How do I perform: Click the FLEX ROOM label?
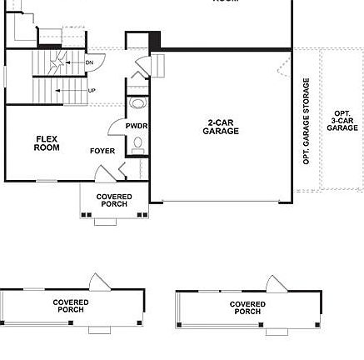tap(47, 143)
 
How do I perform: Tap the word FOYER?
tap(102, 152)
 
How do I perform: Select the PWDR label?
tap(136, 125)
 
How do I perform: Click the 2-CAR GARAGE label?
tap(222, 127)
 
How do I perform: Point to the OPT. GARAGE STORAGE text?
tap(307, 132)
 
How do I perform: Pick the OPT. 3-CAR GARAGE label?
tap(342, 121)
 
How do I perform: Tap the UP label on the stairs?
tap(91, 90)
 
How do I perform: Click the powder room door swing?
tap(116, 127)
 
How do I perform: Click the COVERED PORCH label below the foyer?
tap(114, 200)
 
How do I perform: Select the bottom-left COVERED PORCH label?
tap(71, 306)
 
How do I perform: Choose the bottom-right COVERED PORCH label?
tap(247, 307)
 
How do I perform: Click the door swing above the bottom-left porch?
tap(98, 281)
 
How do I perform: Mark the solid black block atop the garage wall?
tap(154, 39)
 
